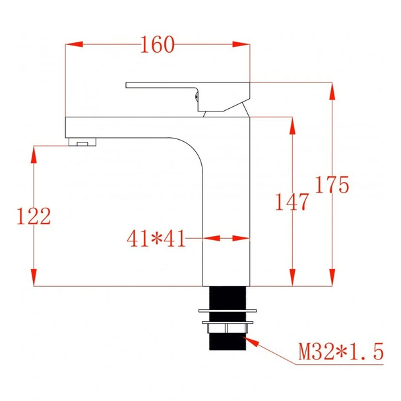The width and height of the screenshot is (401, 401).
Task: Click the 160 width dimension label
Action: (x=158, y=45)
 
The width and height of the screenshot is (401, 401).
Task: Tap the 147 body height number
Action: (x=292, y=201)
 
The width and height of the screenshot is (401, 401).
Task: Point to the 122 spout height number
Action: (x=32, y=216)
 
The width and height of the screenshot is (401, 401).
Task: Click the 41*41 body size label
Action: (x=156, y=238)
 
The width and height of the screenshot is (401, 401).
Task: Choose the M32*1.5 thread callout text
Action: (x=340, y=352)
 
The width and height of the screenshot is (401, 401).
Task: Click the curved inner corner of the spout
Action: (x=189, y=149)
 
